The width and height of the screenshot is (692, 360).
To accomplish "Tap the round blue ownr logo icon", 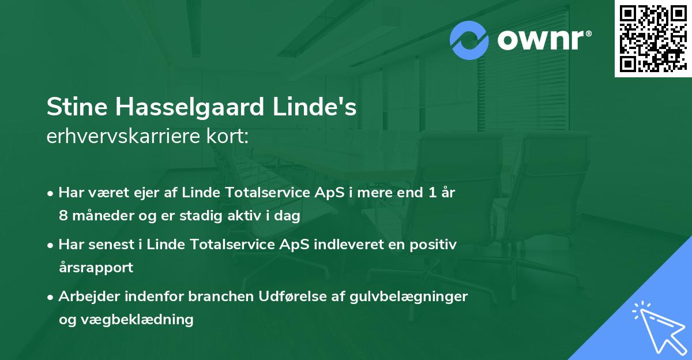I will (469, 40).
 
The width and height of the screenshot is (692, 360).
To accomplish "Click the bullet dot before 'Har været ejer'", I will (51, 193).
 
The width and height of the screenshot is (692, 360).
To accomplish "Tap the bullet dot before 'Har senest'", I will (51, 245).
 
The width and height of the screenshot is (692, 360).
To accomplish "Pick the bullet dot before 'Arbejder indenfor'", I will (51, 297).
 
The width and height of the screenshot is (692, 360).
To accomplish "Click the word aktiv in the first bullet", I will (249, 216).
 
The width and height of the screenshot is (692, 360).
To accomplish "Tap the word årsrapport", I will (96, 268).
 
